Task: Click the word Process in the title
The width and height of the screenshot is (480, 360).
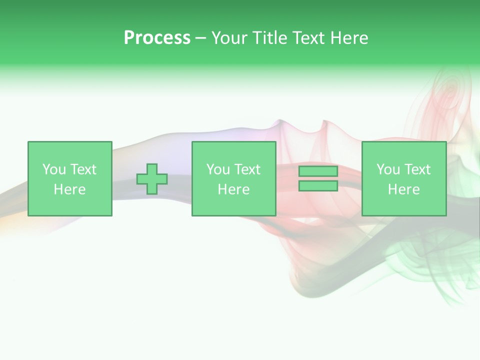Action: click(157, 38)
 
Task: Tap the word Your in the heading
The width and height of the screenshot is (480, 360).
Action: click(229, 38)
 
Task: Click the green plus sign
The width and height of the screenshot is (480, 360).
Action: click(152, 179)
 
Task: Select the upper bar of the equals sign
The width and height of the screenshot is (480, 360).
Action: click(318, 171)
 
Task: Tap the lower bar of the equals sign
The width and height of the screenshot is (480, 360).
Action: click(318, 186)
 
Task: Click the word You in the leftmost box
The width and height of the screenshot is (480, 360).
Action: click(53, 169)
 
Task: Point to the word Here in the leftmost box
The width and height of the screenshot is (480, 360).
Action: click(70, 189)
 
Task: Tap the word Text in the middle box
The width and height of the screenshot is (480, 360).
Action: click(247, 169)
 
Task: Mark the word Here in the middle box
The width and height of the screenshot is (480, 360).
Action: click(234, 189)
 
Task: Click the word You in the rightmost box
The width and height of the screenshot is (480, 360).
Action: click(387, 169)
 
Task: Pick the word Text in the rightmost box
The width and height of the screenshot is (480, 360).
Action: click(417, 169)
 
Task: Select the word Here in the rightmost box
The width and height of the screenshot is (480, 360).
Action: click(404, 189)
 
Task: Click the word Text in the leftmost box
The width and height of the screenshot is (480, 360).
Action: click(83, 169)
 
